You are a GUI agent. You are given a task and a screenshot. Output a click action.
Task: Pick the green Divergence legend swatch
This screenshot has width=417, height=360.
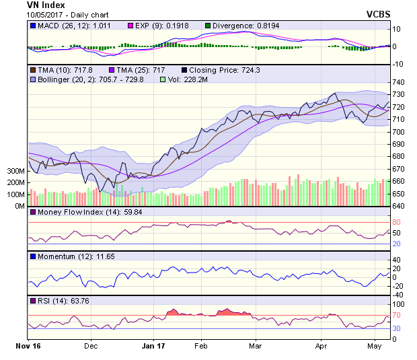point(208,26)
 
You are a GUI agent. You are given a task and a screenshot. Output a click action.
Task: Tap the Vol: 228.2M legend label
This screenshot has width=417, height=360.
point(191,79)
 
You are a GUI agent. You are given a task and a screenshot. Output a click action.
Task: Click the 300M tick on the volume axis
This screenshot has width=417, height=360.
point(15,171)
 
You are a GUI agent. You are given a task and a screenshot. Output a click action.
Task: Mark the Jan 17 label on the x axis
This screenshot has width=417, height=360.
point(154,347)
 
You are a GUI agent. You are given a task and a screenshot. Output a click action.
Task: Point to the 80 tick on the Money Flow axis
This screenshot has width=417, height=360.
point(397,222)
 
